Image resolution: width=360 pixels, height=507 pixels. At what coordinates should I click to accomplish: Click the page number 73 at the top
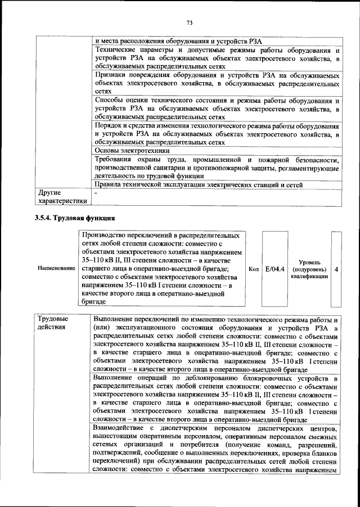[190, 22]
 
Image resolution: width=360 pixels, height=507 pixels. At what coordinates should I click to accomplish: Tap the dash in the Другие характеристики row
[96, 193]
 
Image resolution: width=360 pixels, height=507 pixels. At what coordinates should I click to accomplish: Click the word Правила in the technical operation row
[107, 184]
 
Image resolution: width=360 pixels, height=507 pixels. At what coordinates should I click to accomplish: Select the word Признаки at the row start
[110, 75]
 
